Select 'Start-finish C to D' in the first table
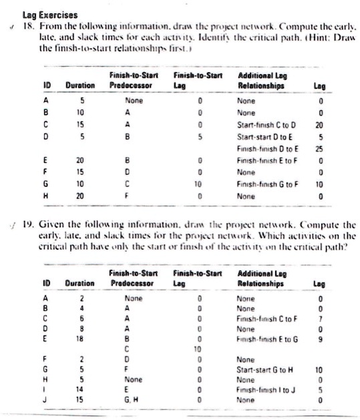pos(266,126)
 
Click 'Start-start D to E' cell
pos(263,137)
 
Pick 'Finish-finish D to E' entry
pos(266,148)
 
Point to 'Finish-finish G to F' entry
pos(266,182)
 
